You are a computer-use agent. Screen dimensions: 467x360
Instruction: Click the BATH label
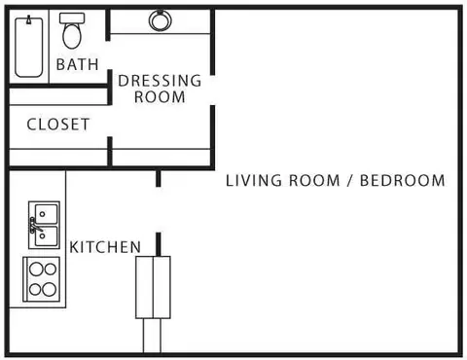click(x=77, y=64)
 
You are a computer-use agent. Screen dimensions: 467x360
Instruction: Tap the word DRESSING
click(x=160, y=81)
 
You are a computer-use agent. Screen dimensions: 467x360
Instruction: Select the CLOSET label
click(x=58, y=125)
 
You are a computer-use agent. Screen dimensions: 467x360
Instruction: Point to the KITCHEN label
click(x=105, y=247)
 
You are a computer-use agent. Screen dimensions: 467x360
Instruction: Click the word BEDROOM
click(x=403, y=181)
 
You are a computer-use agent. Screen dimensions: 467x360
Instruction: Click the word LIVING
click(x=254, y=181)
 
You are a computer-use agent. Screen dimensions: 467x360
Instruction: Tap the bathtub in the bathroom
click(x=29, y=48)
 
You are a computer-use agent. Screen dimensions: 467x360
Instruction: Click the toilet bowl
click(x=72, y=36)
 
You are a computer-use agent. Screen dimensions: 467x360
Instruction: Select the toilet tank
click(x=72, y=18)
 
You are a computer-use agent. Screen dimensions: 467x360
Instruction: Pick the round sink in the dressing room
click(x=161, y=20)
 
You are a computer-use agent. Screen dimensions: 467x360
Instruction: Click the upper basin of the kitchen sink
click(x=46, y=213)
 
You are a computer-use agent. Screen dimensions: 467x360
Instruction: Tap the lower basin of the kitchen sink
click(x=46, y=236)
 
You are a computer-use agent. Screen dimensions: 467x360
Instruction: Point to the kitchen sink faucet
click(x=35, y=226)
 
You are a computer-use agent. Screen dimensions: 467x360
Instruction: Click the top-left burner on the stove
click(x=36, y=269)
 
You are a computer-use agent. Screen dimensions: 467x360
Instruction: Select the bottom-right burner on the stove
click(x=50, y=289)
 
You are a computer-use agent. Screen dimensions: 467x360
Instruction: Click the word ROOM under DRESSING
click(x=160, y=97)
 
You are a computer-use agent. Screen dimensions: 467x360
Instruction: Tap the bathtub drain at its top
click(x=29, y=20)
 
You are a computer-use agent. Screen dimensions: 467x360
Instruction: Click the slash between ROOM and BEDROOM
click(x=349, y=181)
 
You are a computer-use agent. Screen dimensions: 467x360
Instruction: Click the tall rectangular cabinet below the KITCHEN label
click(x=153, y=287)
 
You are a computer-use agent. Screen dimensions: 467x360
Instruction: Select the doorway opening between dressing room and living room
click(x=212, y=90)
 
